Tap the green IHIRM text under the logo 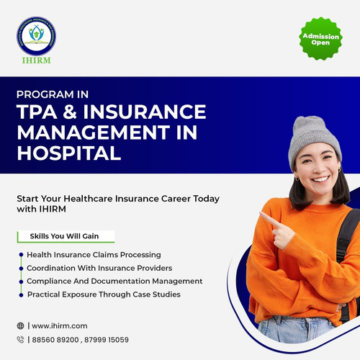click(36, 60)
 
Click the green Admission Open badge click(317, 40)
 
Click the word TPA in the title click(43, 113)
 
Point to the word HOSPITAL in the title click(68, 153)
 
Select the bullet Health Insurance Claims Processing click(94, 255)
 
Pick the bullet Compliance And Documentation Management click(114, 281)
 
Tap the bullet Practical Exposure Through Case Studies click(104, 294)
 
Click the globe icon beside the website click(20, 325)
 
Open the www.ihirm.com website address click(60, 325)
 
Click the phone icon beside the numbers click(20, 339)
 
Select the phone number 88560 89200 click(55, 339)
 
